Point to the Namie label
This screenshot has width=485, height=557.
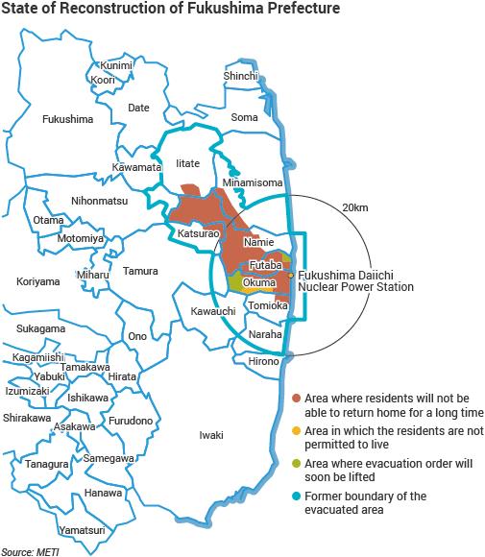(259, 244)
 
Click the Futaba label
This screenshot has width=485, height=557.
(263, 264)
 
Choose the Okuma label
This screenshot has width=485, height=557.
(260, 283)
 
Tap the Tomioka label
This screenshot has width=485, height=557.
(266, 305)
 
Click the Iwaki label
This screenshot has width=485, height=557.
(210, 435)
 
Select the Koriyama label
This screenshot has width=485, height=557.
(38, 281)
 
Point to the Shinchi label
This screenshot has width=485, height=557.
(241, 76)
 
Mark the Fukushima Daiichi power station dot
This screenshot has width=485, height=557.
(291, 276)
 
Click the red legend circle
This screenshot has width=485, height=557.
(297, 399)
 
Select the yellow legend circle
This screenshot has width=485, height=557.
(297, 433)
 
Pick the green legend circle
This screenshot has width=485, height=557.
(297, 468)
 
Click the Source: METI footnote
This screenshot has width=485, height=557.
(31, 550)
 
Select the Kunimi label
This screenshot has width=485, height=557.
(116, 64)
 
